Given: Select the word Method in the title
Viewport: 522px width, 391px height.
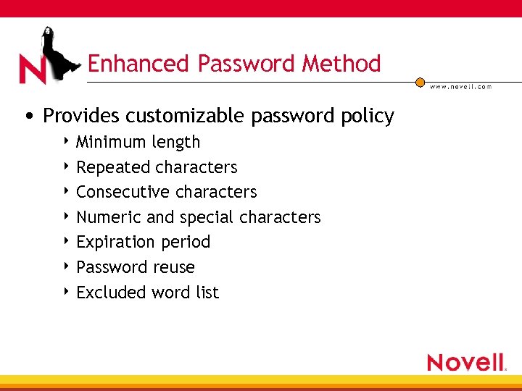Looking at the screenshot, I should point(341,64).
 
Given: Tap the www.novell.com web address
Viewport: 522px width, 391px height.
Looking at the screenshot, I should point(460,87).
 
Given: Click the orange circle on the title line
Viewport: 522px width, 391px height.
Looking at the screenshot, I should point(420,83).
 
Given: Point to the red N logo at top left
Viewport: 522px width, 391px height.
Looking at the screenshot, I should point(33,70).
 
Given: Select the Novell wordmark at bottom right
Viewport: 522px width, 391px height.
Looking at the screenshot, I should point(465,362).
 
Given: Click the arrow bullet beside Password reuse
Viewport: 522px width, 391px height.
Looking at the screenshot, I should point(66,267).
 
